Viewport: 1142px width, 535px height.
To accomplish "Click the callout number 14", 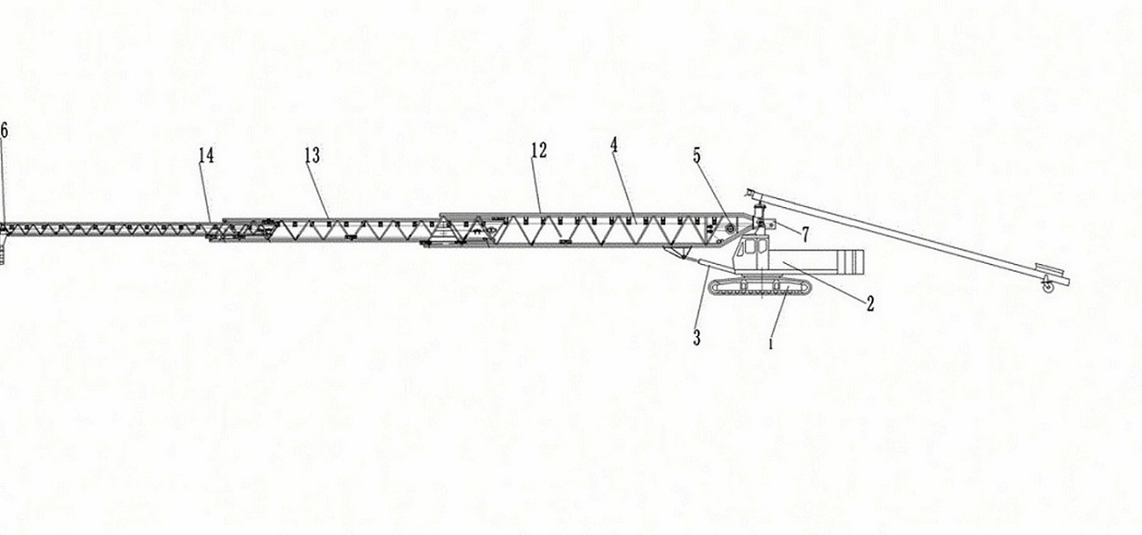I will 206,156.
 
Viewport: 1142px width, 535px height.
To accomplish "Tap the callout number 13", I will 312,156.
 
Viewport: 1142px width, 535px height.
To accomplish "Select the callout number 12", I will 538,151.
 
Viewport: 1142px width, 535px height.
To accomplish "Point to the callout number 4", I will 614,146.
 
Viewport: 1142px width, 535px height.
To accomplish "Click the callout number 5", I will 697,156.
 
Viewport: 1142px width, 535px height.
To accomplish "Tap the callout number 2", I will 870,304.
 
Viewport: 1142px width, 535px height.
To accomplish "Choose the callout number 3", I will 697,336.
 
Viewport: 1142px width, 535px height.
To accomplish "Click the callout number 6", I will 4,131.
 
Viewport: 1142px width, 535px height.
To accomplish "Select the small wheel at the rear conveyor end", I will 1046,289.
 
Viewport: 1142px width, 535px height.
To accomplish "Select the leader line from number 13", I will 322,190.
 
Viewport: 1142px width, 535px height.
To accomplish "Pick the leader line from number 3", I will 704,297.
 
